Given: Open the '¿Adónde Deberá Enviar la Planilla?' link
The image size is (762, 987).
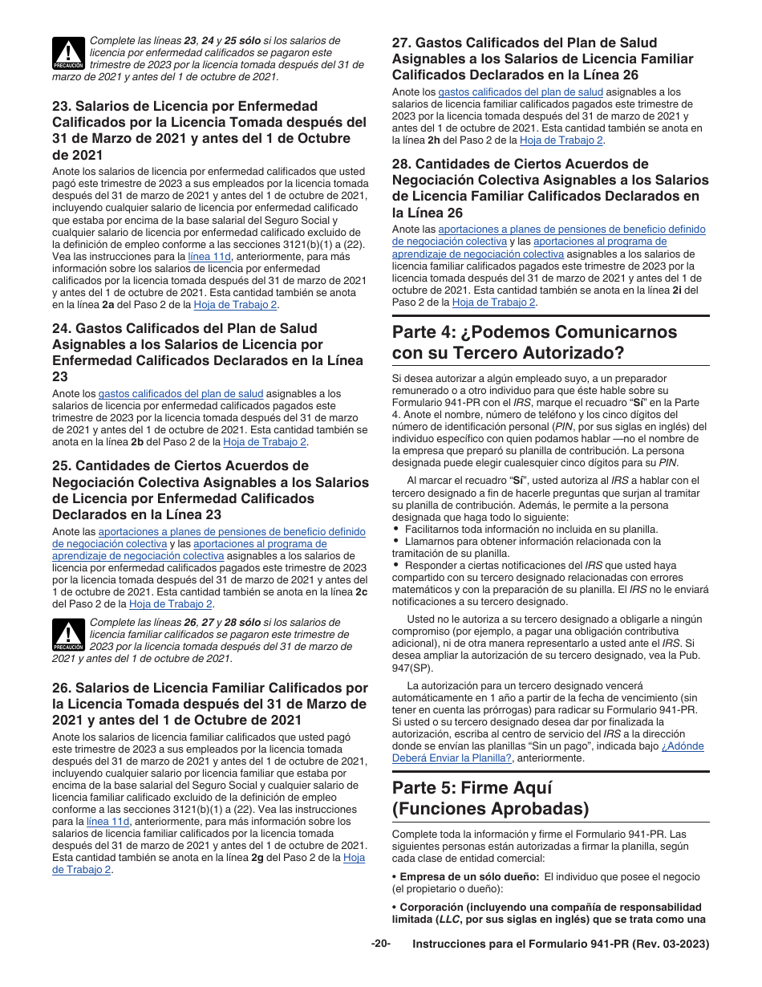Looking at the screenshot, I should [548, 752].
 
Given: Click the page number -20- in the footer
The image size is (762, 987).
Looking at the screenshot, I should [380, 944].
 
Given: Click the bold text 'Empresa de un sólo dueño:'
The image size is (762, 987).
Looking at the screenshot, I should [469, 877].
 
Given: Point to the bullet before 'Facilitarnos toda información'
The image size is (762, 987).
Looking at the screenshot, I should [396, 529].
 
